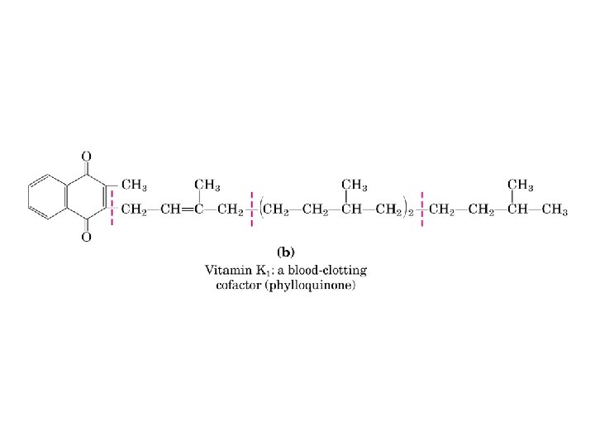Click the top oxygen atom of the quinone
tap(86, 156)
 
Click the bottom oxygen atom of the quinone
tap(86, 238)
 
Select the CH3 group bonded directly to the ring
tap(136, 185)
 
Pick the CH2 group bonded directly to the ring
tap(135, 210)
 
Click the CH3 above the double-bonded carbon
tap(207, 185)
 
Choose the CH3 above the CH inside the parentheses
tap(355, 185)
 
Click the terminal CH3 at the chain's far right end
tap(554, 210)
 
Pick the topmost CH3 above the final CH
tap(521, 185)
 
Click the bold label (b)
tap(285, 250)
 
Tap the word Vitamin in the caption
tap(227, 270)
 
